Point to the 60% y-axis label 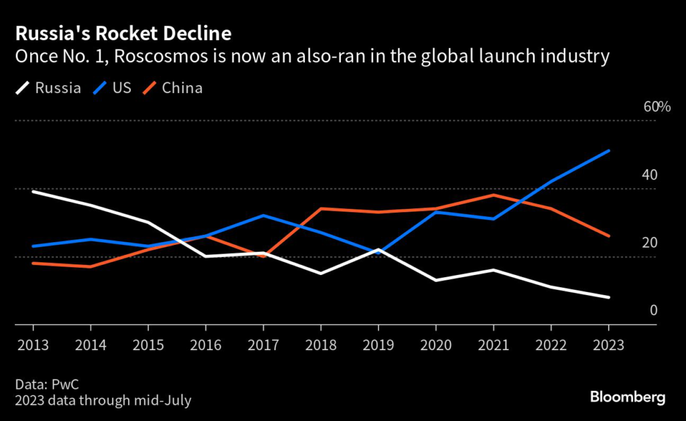click(x=657, y=107)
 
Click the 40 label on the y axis click(x=650, y=175)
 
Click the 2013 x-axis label click(x=33, y=345)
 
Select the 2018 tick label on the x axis click(x=321, y=345)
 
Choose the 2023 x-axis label click(x=608, y=345)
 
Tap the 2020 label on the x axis click(x=436, y=345)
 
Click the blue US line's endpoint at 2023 click(x=608, y=151)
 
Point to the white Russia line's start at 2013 click(x=33, y=191)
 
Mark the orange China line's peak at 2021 click(x=494, y=195)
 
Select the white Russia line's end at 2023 click(x=608, y=297)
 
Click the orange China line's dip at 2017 click(x=263, y=256)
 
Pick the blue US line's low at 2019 click(x=379, y=253)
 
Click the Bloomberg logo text click(x=628, y=398)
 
